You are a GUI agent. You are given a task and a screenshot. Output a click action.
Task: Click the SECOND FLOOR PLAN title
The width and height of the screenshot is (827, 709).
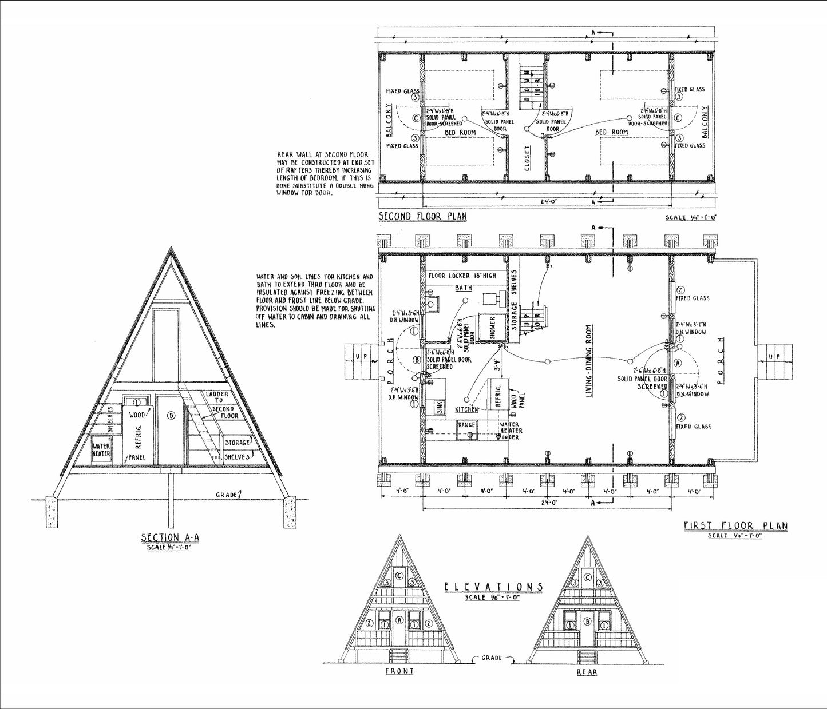coord(423,216)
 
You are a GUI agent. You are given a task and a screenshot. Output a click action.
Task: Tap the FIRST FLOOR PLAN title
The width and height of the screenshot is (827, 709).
coord(735,525)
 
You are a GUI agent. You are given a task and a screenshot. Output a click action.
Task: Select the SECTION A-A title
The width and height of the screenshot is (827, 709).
coord(169,538)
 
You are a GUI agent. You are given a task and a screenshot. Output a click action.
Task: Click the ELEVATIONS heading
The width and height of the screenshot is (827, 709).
coord(494,587)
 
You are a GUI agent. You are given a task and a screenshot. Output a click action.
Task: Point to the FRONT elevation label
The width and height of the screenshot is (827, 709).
coord(399,671)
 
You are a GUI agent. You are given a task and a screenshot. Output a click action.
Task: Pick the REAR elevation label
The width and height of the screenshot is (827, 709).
coord(587,672)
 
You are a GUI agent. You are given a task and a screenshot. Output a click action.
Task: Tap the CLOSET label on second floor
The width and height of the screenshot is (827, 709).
coord(527,157)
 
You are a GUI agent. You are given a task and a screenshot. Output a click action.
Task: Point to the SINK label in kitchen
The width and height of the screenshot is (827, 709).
coord(439,407)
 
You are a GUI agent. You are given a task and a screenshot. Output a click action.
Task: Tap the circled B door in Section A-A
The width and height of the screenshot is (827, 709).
coord(170,416)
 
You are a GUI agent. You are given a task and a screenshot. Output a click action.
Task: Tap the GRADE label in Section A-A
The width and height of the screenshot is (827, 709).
coord(227,494)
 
